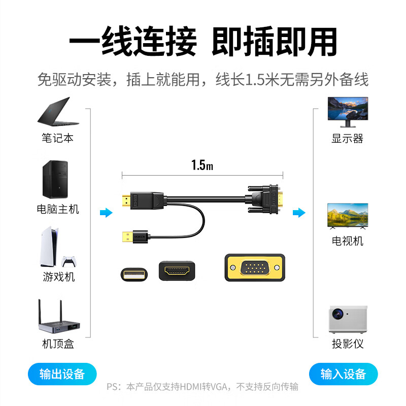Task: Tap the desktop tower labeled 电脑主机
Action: coord(55,180)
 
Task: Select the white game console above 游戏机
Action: coord(49,247)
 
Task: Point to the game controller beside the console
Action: coord(69,261)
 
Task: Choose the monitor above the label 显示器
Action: coord(348,112)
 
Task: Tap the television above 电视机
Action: coord(348,216)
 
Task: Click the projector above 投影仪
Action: coord(348,319)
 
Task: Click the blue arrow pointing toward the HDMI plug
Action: coord(106,213)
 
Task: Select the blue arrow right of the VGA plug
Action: coord(299,213)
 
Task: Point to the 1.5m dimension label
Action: coord(202,165)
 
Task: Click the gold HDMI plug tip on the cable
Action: coord(126,200)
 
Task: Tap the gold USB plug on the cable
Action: coord(127,236)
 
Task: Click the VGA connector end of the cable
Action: coord(264,199)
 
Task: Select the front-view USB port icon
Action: coord(134,275)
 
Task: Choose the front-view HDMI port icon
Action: coord(177,271)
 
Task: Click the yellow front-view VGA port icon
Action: coord(255,267)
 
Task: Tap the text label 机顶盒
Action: coord(58,344)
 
